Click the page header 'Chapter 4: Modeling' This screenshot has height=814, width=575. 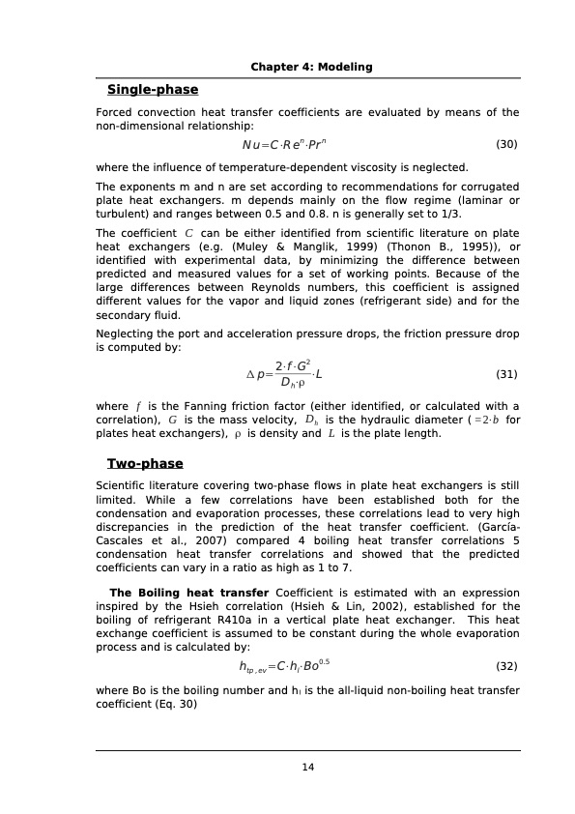coord(311,67)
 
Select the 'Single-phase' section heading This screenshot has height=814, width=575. coord(152,90)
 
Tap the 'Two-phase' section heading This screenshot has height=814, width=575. coord(145,463)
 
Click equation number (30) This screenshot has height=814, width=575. coord(506,144)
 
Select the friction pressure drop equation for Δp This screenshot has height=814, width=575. coord(291,374)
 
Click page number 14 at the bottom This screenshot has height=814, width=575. coord(308,767)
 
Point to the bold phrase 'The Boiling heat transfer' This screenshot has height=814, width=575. coord(189,593)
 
